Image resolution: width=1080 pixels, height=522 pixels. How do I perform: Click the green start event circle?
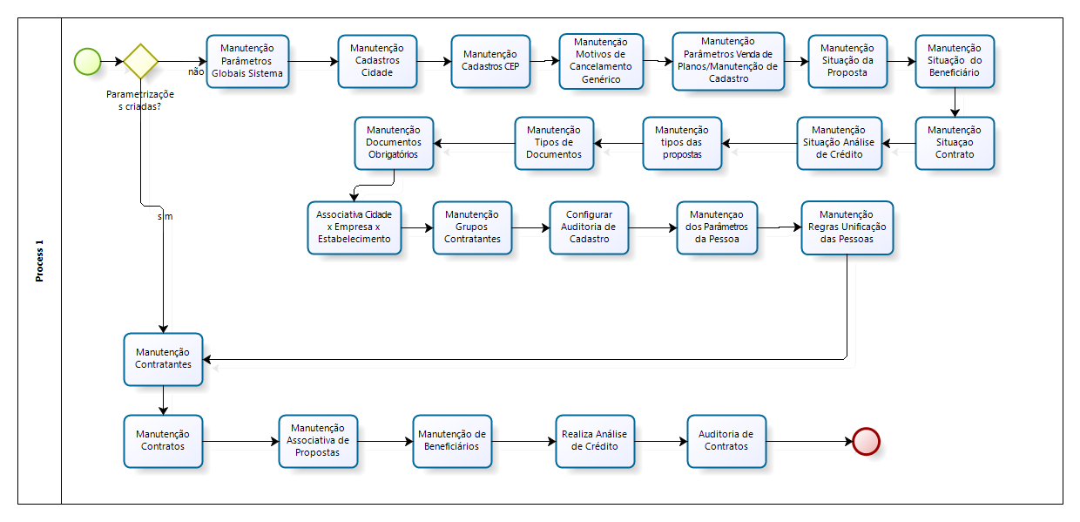coord(87,62)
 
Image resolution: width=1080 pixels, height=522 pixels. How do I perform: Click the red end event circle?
coord(866,441)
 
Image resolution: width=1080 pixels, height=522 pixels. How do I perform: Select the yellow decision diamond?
coord(140,62)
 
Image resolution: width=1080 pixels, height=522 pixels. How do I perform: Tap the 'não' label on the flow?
coord(196,72)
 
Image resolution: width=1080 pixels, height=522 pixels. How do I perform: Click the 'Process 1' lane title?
coord(39,261)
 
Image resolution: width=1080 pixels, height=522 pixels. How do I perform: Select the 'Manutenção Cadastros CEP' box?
coord(490,61)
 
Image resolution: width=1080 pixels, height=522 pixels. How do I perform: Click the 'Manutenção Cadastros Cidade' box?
coord(377,61)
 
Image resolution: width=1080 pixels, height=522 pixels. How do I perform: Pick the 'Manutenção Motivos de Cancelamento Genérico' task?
coord(601,61)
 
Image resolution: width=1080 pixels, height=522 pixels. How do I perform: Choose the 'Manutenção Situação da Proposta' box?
coord(847,61)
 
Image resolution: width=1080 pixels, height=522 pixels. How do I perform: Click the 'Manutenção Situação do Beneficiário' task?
coord(954,61)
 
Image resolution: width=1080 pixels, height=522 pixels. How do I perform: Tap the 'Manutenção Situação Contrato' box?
coord(954,143)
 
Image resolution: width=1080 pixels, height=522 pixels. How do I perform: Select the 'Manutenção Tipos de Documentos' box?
coord(554,143)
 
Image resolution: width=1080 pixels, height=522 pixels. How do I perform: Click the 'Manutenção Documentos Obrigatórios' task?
coord(394,143)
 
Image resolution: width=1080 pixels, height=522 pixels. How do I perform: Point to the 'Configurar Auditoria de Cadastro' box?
coord(589,227)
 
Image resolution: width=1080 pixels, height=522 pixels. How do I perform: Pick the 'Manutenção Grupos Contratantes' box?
coord(472,227)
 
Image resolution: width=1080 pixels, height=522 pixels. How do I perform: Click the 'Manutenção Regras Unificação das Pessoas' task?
coord(847,227)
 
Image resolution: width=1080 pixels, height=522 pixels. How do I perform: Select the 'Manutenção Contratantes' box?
coord(163,359)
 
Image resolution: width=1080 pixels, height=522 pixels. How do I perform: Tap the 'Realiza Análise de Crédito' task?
coord(595,441)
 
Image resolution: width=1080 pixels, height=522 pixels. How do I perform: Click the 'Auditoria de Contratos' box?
coord(726,441)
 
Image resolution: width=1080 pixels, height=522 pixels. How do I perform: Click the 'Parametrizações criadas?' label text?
coord(140,100)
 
